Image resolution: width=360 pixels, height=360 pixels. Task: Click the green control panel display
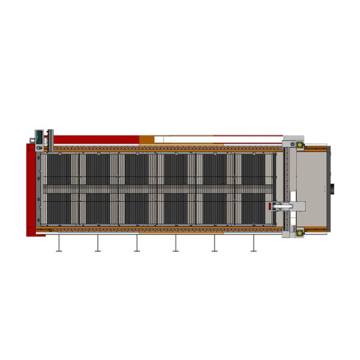39,136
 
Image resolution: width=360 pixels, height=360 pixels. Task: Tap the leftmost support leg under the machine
59,243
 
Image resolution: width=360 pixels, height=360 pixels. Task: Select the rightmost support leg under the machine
253,243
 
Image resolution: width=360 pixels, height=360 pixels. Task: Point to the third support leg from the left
137,243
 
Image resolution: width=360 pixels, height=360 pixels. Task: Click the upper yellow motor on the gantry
299,145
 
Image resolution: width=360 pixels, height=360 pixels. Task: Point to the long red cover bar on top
96,139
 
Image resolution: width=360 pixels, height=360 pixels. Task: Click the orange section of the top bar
147,140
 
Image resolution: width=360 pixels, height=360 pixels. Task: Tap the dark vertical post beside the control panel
51,139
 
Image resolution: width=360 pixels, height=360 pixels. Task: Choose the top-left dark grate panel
59,169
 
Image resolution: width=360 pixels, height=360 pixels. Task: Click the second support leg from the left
98,243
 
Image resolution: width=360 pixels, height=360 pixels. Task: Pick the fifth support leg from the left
214,243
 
